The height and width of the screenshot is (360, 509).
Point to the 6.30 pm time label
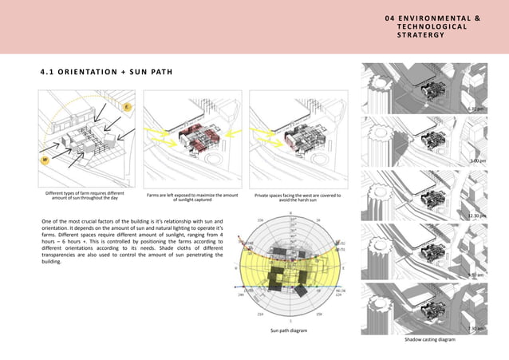click(x=476, y=109)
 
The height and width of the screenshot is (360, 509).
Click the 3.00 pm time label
click(x=478, y=161)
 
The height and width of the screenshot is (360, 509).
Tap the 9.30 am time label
click(x=477, y=275)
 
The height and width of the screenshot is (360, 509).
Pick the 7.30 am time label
click(x=477, y=328)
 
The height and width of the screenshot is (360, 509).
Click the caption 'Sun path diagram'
click(x=288, y=330)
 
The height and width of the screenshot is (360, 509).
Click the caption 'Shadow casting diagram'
click(x=428, y=339)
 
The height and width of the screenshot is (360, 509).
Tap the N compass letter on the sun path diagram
click(x=290, y=212)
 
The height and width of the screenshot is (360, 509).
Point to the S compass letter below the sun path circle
click(x=289, y=322)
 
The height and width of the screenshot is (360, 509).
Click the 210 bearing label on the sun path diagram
click(x=259, y=314)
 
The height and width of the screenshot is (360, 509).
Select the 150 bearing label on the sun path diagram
click(x=319, y=314)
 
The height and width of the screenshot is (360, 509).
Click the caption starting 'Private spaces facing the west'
click(x=297, y=197)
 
